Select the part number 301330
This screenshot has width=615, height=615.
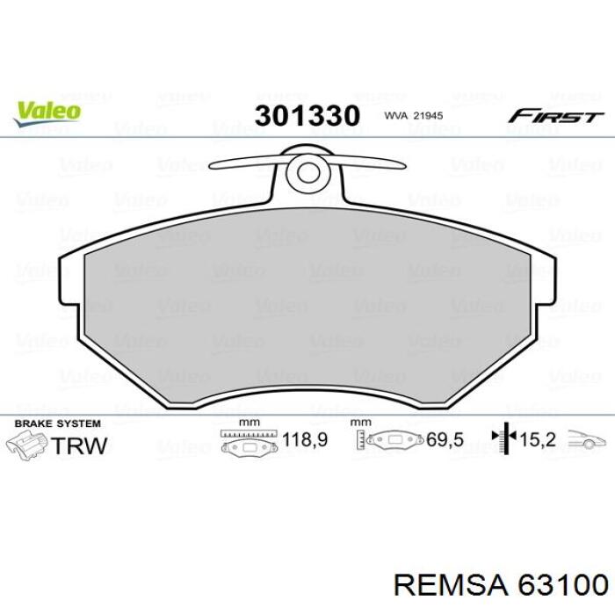(x=307, y=115)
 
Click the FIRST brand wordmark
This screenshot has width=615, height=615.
(x=555, y=117)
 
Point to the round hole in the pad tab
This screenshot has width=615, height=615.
(x=307, y=170)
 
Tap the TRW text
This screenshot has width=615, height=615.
(x=80, y=445)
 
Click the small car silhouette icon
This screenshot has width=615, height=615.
(x=586, y=441)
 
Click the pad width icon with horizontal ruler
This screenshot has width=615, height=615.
(x=251, y=441)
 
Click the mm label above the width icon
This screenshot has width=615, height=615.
(x=250, y=423)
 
